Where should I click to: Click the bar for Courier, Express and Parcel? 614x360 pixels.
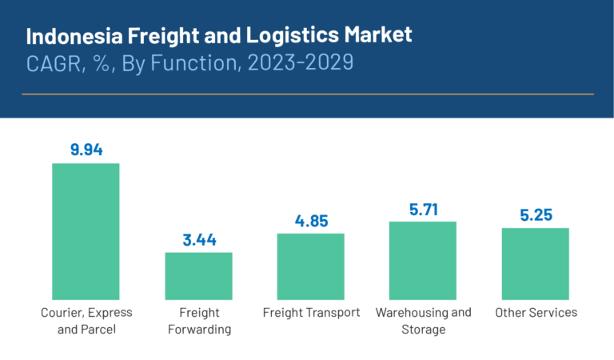[86, 232]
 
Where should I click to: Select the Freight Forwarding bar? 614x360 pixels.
[198, 276]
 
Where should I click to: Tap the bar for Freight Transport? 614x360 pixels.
[310, 266]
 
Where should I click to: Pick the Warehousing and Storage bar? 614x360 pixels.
[422, 261]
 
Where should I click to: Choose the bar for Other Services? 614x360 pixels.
[535, 264]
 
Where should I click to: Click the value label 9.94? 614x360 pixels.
[86, 150]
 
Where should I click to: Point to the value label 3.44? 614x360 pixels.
[198, 239]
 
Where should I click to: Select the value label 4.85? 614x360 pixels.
[310, 220]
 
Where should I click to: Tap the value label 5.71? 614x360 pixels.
[422, 208]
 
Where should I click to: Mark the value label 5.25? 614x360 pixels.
[535, 214]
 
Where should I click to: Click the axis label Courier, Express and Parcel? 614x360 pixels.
[86, 320]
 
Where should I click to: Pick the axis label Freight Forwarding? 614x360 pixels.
[198, 320]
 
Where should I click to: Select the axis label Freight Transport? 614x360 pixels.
[311, 312]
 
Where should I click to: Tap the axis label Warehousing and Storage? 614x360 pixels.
[423, 320]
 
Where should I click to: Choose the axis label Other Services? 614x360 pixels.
[536, 312]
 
